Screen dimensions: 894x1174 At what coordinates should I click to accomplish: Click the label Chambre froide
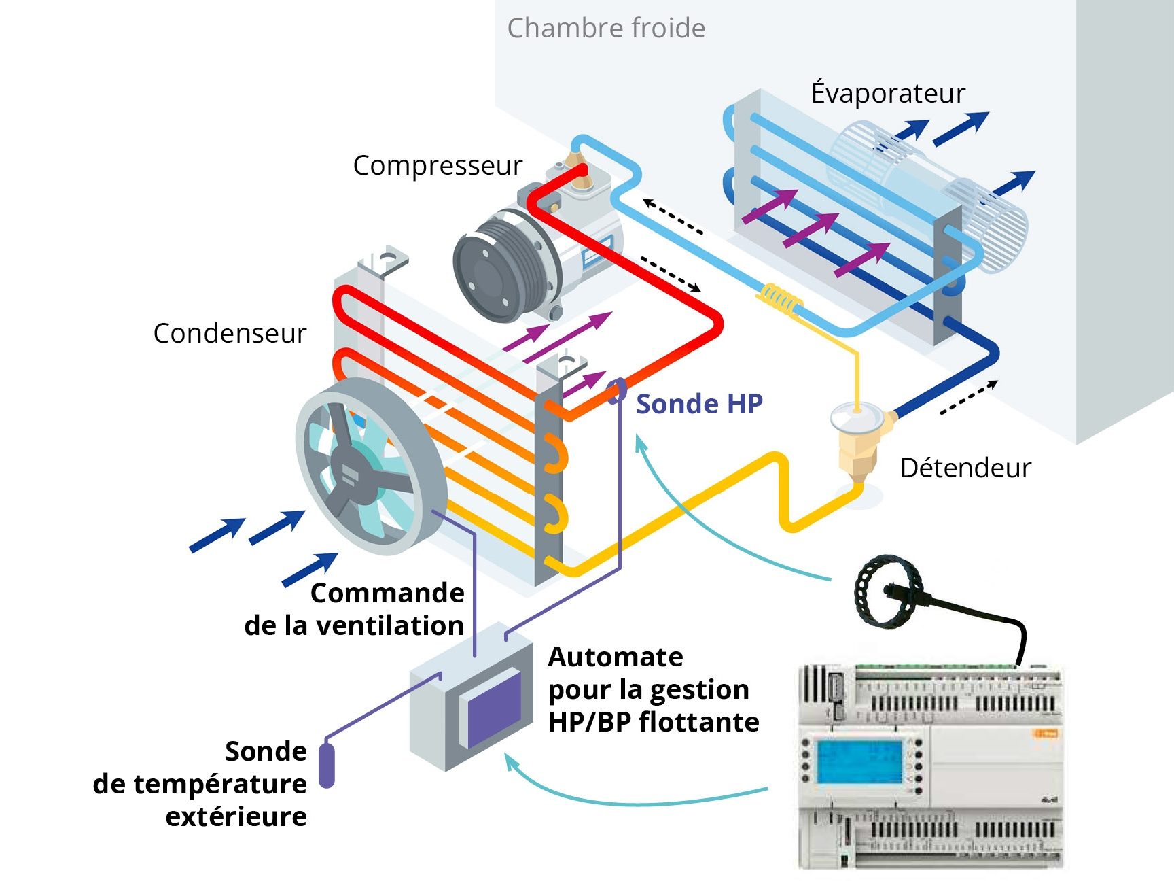(x=606, y=29)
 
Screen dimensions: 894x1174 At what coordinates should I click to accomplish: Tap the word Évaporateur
(x=887, y=93)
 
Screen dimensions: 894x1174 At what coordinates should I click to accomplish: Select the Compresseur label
(x=438, y=166)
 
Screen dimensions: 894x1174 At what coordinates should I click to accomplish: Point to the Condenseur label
(x=230, y=334)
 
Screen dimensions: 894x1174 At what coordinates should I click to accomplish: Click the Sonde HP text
(x=699, y=405)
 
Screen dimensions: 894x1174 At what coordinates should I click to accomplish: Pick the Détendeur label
(x=965, y=468)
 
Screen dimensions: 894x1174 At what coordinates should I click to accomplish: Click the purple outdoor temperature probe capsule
(x=327, y=766)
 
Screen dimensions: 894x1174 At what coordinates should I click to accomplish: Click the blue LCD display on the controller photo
(x=859, y=762)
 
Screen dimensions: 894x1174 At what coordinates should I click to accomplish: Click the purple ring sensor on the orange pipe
(x=617, y=391)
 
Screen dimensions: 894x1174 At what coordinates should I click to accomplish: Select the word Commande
(x=387, y=594)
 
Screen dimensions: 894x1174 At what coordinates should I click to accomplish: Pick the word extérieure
(x=236, y=816)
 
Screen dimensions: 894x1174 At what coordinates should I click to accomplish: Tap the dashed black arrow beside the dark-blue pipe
(x=968, y=398)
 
